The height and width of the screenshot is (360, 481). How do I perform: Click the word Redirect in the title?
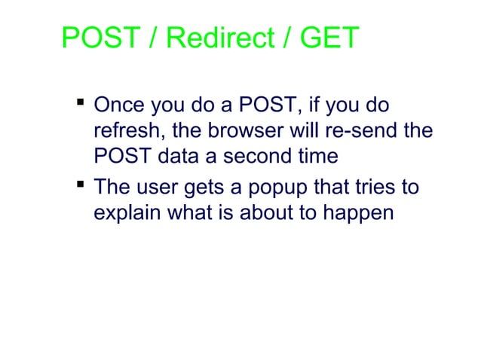[210, 38]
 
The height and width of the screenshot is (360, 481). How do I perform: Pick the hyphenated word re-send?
[366, 131]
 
